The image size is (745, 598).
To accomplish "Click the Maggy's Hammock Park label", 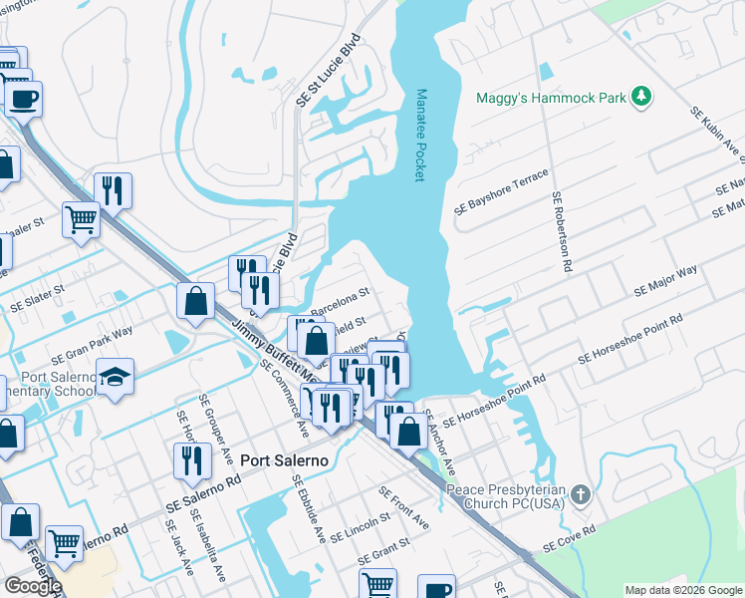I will (x=566, y=98).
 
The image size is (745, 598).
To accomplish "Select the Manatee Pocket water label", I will (x=420, y=135).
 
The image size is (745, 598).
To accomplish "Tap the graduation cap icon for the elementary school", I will (x=116, y=376).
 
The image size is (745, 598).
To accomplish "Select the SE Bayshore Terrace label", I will (x=501, y=192).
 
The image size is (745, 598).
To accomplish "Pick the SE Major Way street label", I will (x=665, y=281).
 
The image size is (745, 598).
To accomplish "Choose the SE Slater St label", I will (x=37, y=298).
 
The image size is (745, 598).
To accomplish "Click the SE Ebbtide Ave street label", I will (x=308, y=507).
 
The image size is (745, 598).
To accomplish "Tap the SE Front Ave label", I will (x=404, y=507).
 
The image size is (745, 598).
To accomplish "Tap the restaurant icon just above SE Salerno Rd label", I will (x=190, y=459).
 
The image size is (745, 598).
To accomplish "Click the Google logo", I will (x=33, y=585).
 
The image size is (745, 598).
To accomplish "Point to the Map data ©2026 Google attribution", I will (x=682, y=590).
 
